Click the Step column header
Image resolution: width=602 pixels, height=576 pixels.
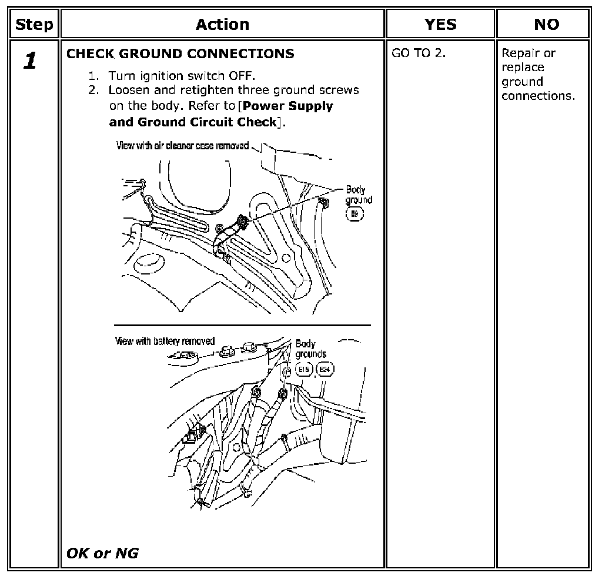(34, 25)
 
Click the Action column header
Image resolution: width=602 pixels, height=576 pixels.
(222, 25)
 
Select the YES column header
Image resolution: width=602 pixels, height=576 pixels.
(440, 25)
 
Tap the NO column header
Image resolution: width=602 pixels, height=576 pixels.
(546, 25)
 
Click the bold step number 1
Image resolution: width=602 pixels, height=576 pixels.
(30, 61)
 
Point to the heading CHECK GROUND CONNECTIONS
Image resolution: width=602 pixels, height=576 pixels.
(180, 53)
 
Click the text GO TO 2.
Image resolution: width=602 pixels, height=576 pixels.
(419, 53)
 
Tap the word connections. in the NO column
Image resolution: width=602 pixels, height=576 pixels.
(539, 96)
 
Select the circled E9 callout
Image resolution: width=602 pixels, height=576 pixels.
(354, 214)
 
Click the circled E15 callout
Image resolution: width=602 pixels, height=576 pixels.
(304, 369)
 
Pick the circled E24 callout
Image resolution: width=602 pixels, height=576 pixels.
(325, 369)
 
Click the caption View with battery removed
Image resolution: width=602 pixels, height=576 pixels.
(165, 341)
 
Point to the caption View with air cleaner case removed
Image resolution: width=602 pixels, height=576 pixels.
(182, 146)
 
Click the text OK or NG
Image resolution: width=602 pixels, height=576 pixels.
(102, 553)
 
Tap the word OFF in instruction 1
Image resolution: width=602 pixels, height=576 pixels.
(242, 76)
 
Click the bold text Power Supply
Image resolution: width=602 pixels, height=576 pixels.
(288, 106)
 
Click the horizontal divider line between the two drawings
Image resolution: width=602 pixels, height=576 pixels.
(242, 325)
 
